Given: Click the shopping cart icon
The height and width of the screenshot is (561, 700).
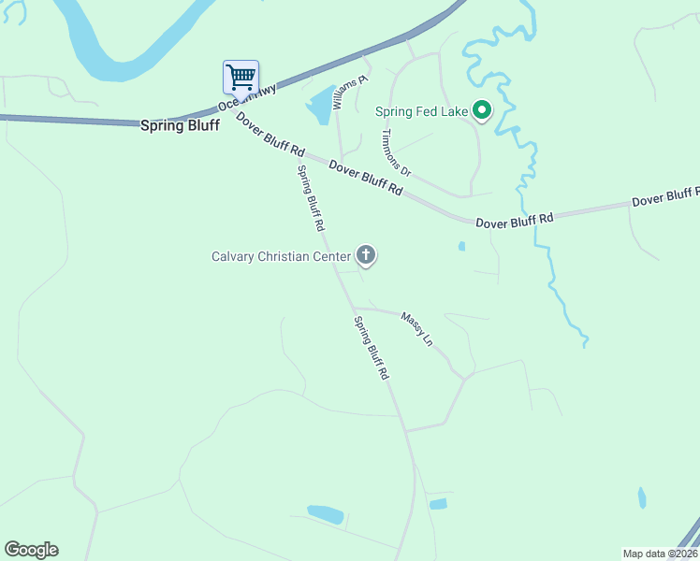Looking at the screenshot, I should click(x=241, y=76).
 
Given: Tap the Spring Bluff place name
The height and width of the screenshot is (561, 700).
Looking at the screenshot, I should click(x=180, y=124).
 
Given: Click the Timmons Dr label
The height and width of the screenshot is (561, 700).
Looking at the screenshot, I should click(x=396, y=151).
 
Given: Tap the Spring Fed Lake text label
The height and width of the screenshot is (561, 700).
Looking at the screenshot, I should click(x=421, y=111).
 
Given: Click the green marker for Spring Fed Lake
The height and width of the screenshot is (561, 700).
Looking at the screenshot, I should click(x=482, y=111).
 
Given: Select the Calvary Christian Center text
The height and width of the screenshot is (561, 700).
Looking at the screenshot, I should click(x=281, y=255).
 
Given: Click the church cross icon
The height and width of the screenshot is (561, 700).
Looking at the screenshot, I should click(x=366, y=254).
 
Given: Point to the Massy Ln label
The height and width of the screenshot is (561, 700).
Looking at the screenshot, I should click(x=416, y=329).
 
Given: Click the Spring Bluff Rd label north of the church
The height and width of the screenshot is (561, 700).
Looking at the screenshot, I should click(x=311, y=198).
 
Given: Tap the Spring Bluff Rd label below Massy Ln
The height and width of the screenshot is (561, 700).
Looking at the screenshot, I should click(x=371, y=347).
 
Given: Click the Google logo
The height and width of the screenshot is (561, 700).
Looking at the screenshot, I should click(x=31, y=550).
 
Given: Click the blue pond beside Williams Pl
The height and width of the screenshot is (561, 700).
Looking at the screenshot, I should click(x=321, y=104).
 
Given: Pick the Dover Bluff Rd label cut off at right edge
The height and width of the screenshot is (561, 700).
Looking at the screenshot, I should click(x=664, y=196).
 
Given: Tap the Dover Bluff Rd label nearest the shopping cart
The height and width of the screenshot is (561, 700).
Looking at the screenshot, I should click(x=271, y=135).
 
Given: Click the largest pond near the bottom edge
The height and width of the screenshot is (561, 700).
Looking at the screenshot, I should click(x=325, y=512).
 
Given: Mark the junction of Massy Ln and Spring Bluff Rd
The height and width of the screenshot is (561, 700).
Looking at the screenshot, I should click(x=353, y=307).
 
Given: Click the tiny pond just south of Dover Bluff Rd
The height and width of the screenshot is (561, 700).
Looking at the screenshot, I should click(x=461, y=247).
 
